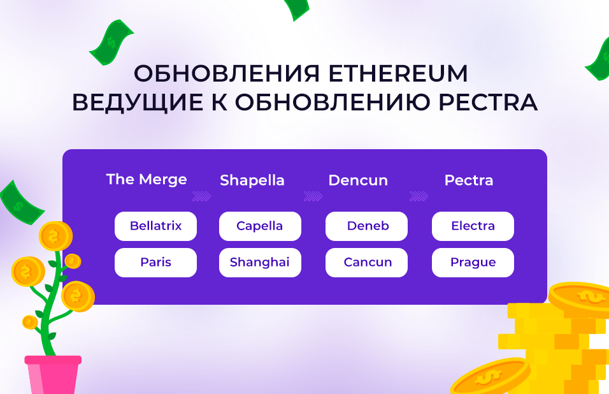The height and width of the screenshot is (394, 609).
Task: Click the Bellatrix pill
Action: (155, 226)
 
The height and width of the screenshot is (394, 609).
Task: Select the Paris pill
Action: (155, 262)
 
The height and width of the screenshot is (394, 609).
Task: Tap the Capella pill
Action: (260, 226)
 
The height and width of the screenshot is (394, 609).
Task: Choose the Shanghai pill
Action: (260, 262)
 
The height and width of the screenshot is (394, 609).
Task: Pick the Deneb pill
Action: (366, 226)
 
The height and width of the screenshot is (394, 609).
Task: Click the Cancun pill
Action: (366, 262)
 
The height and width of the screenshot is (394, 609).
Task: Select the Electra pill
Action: (473, 226)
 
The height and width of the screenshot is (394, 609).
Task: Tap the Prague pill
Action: (473, 262)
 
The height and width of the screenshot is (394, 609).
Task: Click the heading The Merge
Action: (147, 180)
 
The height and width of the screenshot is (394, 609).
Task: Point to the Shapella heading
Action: (252, 180)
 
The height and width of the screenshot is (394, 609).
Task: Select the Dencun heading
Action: (358, 180)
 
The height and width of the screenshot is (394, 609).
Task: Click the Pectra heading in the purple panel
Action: (469, 180)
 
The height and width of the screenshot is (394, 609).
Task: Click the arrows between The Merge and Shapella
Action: (201, 196)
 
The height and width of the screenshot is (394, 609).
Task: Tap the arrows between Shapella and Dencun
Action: (313, 196)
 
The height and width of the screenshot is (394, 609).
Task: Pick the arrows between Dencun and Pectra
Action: (419, 196)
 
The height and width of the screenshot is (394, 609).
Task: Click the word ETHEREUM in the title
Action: (398, 73)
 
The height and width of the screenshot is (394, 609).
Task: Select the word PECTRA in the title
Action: (488, 102)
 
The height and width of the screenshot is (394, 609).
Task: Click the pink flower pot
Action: (53, 375)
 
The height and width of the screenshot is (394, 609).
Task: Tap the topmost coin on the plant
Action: (55, 236)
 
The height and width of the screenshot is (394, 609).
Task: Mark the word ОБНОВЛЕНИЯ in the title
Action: (227, 74)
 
